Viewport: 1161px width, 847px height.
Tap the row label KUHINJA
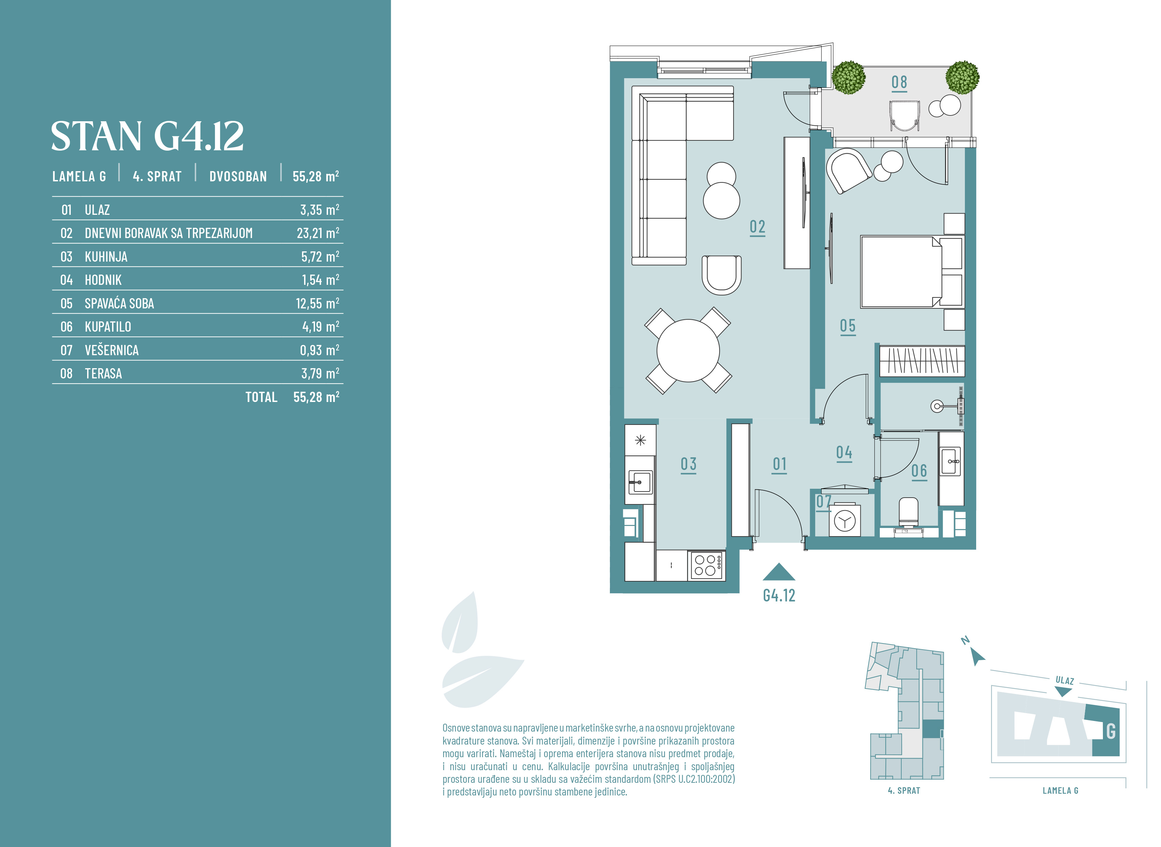[106, 257]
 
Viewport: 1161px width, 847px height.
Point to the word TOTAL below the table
[261, 397]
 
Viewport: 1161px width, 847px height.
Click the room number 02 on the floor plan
[757, 227]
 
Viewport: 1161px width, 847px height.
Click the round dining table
[688, 351]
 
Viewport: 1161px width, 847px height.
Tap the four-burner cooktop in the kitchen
[706, 566]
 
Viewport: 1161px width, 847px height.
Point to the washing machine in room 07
[845, 521]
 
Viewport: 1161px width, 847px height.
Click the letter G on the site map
[1111, 731]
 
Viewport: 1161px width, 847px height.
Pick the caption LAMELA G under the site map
[1061, 791]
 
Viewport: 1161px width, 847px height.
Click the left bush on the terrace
[849, 78]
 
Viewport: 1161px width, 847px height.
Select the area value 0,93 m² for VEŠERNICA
[319, 350]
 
